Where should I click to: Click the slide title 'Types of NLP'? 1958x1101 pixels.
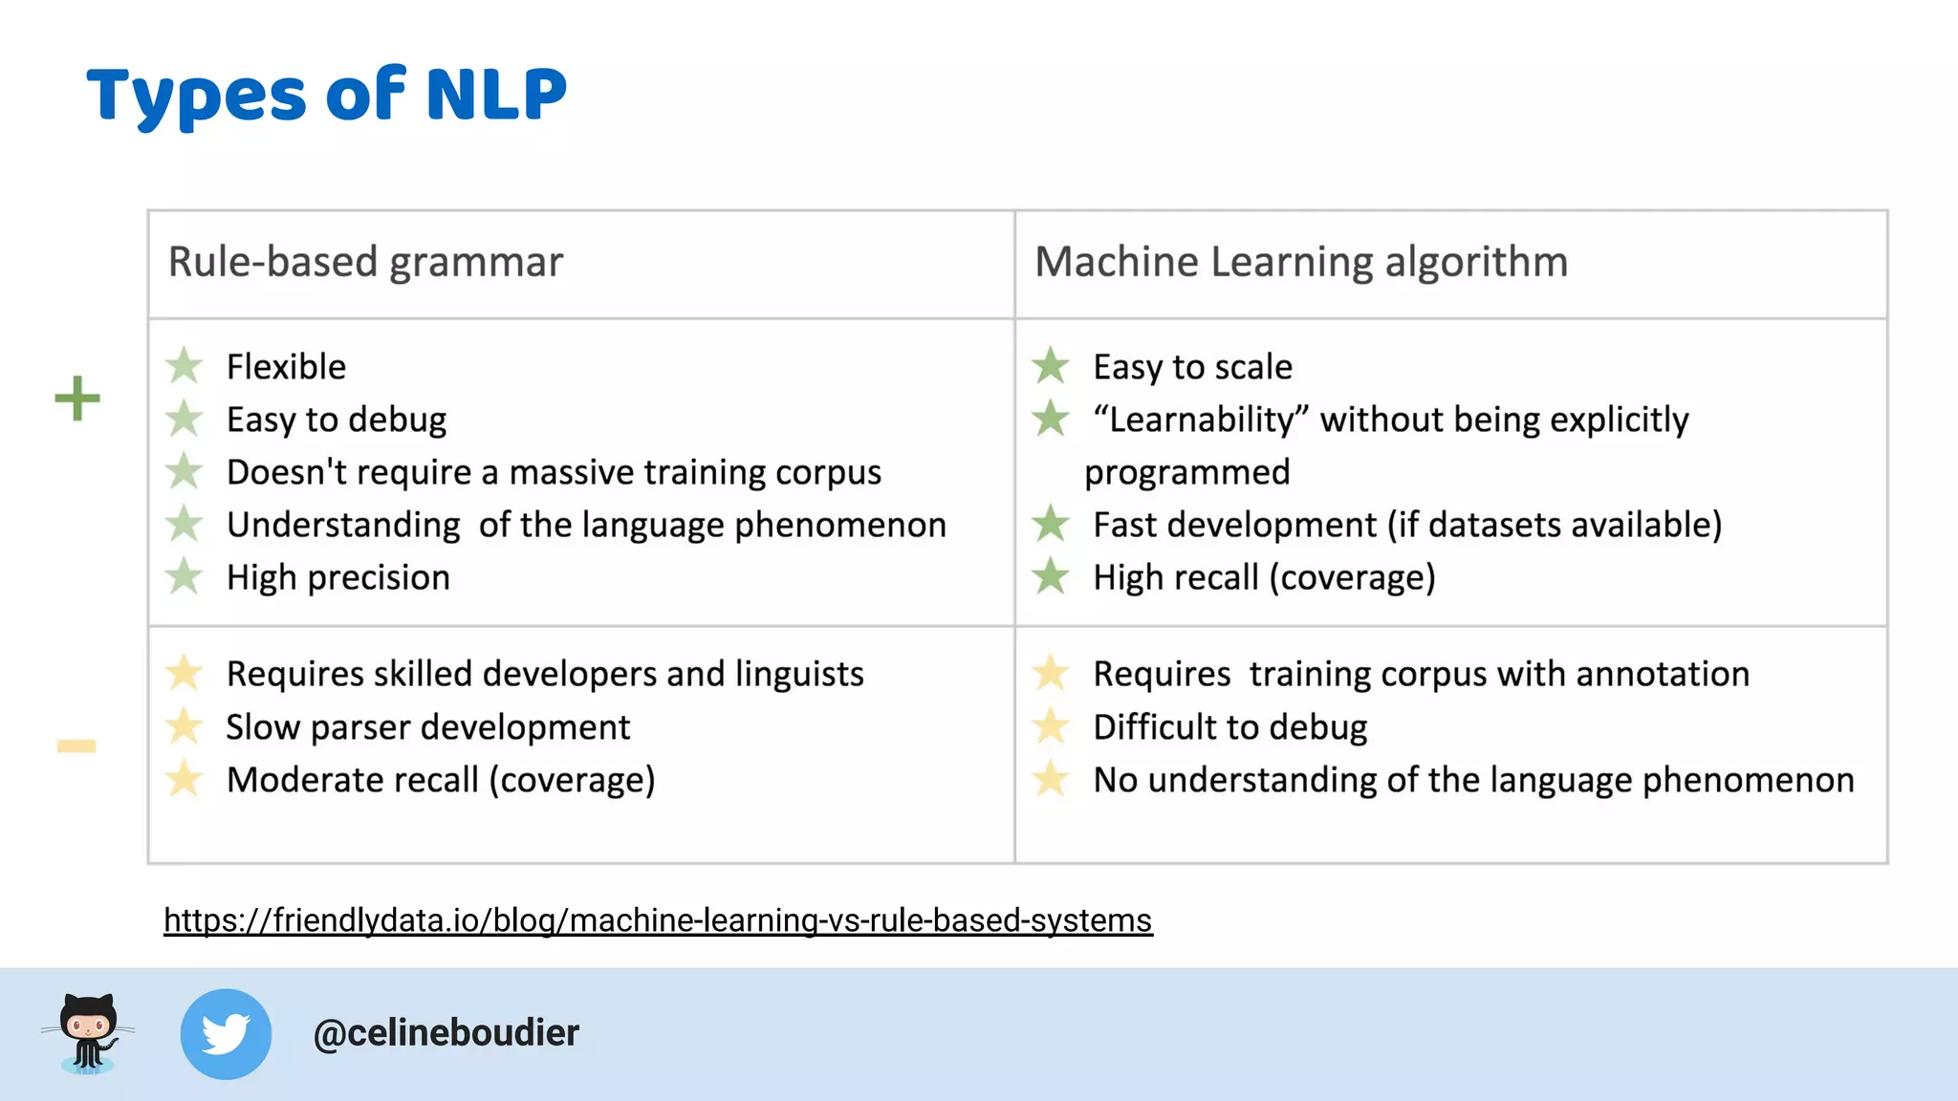(x=327, y=96)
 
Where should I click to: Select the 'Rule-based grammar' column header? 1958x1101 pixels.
(x=365, y=262)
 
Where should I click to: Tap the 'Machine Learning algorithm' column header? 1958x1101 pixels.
(x=1301, y=262)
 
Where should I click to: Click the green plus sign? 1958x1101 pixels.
(x=77, y=399)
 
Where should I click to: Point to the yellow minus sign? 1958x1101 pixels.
(x=76, y=745)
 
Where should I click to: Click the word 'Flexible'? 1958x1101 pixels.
(x=286, y=367)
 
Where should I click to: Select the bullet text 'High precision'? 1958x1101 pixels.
(x=337, y=577)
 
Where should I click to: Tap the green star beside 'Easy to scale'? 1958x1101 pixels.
(x=1051, y=365)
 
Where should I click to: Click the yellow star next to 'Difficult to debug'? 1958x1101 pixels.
(x=1051, y=725)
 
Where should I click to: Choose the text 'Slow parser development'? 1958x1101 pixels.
(x=427, y=727)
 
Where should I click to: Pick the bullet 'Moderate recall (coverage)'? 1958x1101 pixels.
(x=441, y=780)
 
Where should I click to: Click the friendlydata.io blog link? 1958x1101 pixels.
(x=658, y=920)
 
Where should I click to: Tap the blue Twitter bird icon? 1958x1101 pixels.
(x=226, y=1034)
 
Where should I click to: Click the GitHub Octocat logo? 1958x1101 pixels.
(x=88, y=1033)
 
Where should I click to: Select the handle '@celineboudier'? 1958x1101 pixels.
(x=446, y=1033)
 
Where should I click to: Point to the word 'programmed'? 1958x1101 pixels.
(x=1186, y=472)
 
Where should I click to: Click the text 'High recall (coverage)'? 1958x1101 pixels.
(x=1264, y=577)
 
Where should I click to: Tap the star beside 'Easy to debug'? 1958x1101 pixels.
(x=184, y=419)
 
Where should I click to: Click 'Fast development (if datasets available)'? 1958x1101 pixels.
(x=1406, y=525)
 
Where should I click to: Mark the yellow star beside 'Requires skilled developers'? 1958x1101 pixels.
(x=184, y=673)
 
